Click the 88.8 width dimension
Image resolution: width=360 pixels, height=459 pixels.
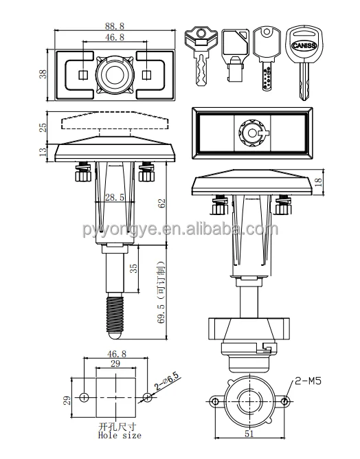tap(115, 26)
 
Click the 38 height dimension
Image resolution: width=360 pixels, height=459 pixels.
tap(43, 74)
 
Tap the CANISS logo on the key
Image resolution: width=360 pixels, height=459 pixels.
tap(304, 45)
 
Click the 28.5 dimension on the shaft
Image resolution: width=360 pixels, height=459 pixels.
tap(115, 197)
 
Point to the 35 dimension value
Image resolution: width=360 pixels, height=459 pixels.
tap(133, 269)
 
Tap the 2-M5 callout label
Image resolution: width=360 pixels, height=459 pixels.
tap(308, 381)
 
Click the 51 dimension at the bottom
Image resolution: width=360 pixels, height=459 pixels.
tap(249, 434)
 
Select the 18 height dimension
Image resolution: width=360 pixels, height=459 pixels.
tap(319, 182)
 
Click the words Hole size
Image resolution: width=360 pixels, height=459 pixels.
tap(120, 436)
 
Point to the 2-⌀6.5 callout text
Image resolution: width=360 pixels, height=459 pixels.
tap(166, 381)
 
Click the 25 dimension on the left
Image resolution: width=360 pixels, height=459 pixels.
tap(43, 128)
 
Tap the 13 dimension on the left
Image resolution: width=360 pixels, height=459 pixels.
tap(43, 152)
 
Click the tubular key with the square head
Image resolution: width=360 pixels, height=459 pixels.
tap(235, 55)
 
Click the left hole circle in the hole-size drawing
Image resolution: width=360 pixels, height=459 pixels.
tap(84, 398)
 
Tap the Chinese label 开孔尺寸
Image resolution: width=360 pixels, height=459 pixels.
tap(117, 427)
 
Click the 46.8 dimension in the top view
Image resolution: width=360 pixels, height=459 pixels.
tap(115, 37)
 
